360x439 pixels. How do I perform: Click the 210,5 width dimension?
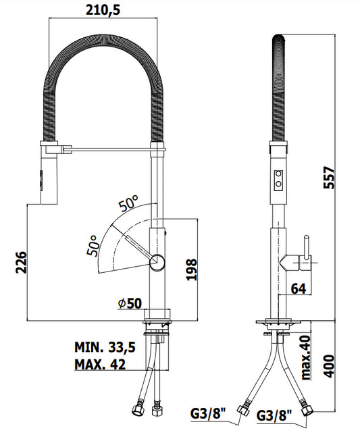(x=103, y=10)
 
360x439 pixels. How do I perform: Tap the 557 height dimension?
(x=329, y=178)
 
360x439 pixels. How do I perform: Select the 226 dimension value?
(x=21, y=262)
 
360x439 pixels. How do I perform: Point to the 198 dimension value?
(x=192, y=269)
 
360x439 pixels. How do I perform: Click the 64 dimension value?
(x=299, y=288)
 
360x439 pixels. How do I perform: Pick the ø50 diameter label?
(x=130, y=303)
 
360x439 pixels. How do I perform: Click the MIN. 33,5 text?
(x=105, y=347)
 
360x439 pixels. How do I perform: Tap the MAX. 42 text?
(x=100, y=365)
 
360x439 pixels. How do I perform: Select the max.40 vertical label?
(x=306, y=357)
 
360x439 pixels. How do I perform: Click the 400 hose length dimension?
(x=329, y=366)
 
